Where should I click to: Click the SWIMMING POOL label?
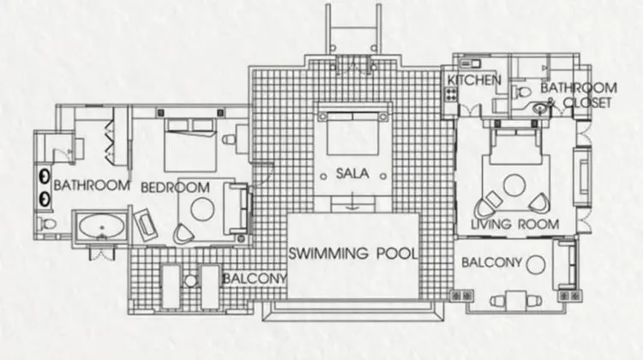pyautogui.click(x=353, y=254)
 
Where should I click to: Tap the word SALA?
pyautogui.click(x=352, y=173)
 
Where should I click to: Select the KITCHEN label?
pyautogui.click(x=473, y=80)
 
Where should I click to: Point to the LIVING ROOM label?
pyautogui.click(x=515, y=225)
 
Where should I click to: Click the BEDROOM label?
pyautogui.click(x=175, y=188)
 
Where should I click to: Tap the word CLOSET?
pyautogui.click(x=587, y=103)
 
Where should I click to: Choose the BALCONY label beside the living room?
pyautogui.click(x=492, y=262)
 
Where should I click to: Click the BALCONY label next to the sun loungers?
pyautogui.click(x=255, y=279)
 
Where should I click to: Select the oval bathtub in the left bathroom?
pyautogui.click(x=102, y=227)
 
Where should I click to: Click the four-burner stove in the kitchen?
pyautogui.click(x=451, y=94)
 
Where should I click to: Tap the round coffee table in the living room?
pyautogui.click(x=514, y=185)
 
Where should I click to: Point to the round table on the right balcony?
pyautogui.click(x=536, y=265)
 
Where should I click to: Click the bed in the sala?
pyautogui.click(x=352, y=133)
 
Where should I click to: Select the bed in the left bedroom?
pyautogui.click(x=190, y=145)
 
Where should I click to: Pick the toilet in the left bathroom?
pyautogui.click(x=47, y=224)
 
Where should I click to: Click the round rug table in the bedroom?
pyautogui.click(x=202, y=208)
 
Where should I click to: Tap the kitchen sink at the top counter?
pyautogui.click(x=470, y=63)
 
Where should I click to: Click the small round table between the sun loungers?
pyautogui.click(x=190, y=281)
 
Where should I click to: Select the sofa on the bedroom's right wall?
pyautogui.click(x=237, y=208)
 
